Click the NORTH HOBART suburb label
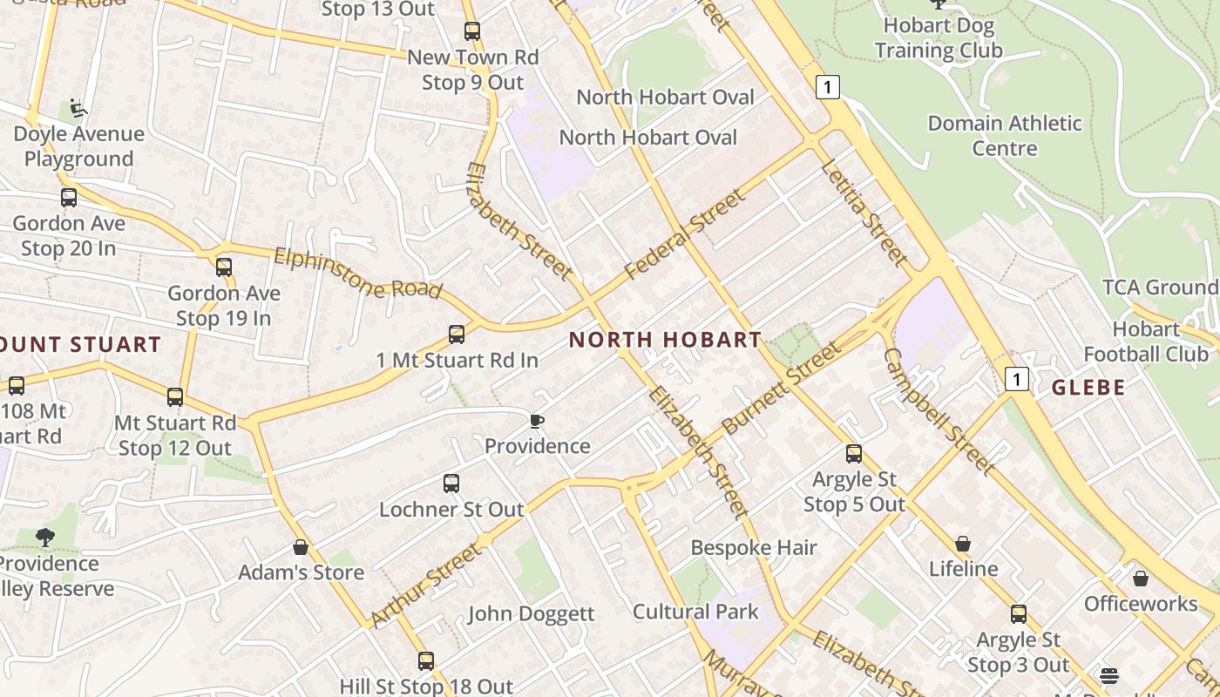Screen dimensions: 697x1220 pyautogui.click(x=665, y=340)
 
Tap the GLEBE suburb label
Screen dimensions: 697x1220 pyautogui.click(x=1088, y=388)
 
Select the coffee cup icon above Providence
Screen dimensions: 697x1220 pyautogui.click(x=537, y=422)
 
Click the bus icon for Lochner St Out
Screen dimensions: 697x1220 pyautogui.click(x=451, y=484)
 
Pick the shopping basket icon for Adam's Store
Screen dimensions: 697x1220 pyautogui.click(x=301, y=547)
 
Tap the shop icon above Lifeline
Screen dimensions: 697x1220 pyautogui.click(x=963, y=544)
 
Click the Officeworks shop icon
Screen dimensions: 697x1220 pyautogui.click(x=1141, y=579)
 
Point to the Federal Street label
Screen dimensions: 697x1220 pyautogui.click(x=685, y=234)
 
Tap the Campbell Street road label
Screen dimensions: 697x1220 pyautogui.click(x=939, y=411)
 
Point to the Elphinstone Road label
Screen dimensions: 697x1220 pyautogui.click(x=357, y=273)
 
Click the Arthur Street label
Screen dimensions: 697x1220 pyautogui.click(x=424, y=585)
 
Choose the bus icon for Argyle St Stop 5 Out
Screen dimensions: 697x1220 pyautogui.click(x=854, y=454)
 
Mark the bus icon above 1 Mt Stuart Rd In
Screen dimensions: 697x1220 pyautogui.click(x=457, y=334)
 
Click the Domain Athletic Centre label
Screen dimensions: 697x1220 pyautogui.click(x=1005, y=136)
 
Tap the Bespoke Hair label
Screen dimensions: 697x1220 pyautogui.click(x=754, y=547)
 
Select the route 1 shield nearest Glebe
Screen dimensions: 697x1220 pyautogui.click(x=1016, y=379)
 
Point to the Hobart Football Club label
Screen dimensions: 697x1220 pyautogui.click(x=1146, y=342)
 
